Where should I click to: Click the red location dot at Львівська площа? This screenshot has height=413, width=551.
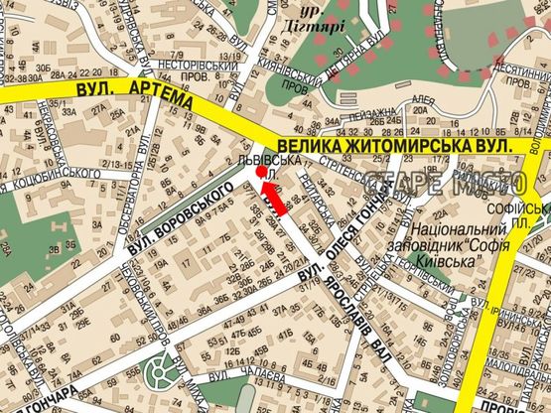coord(261,172)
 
